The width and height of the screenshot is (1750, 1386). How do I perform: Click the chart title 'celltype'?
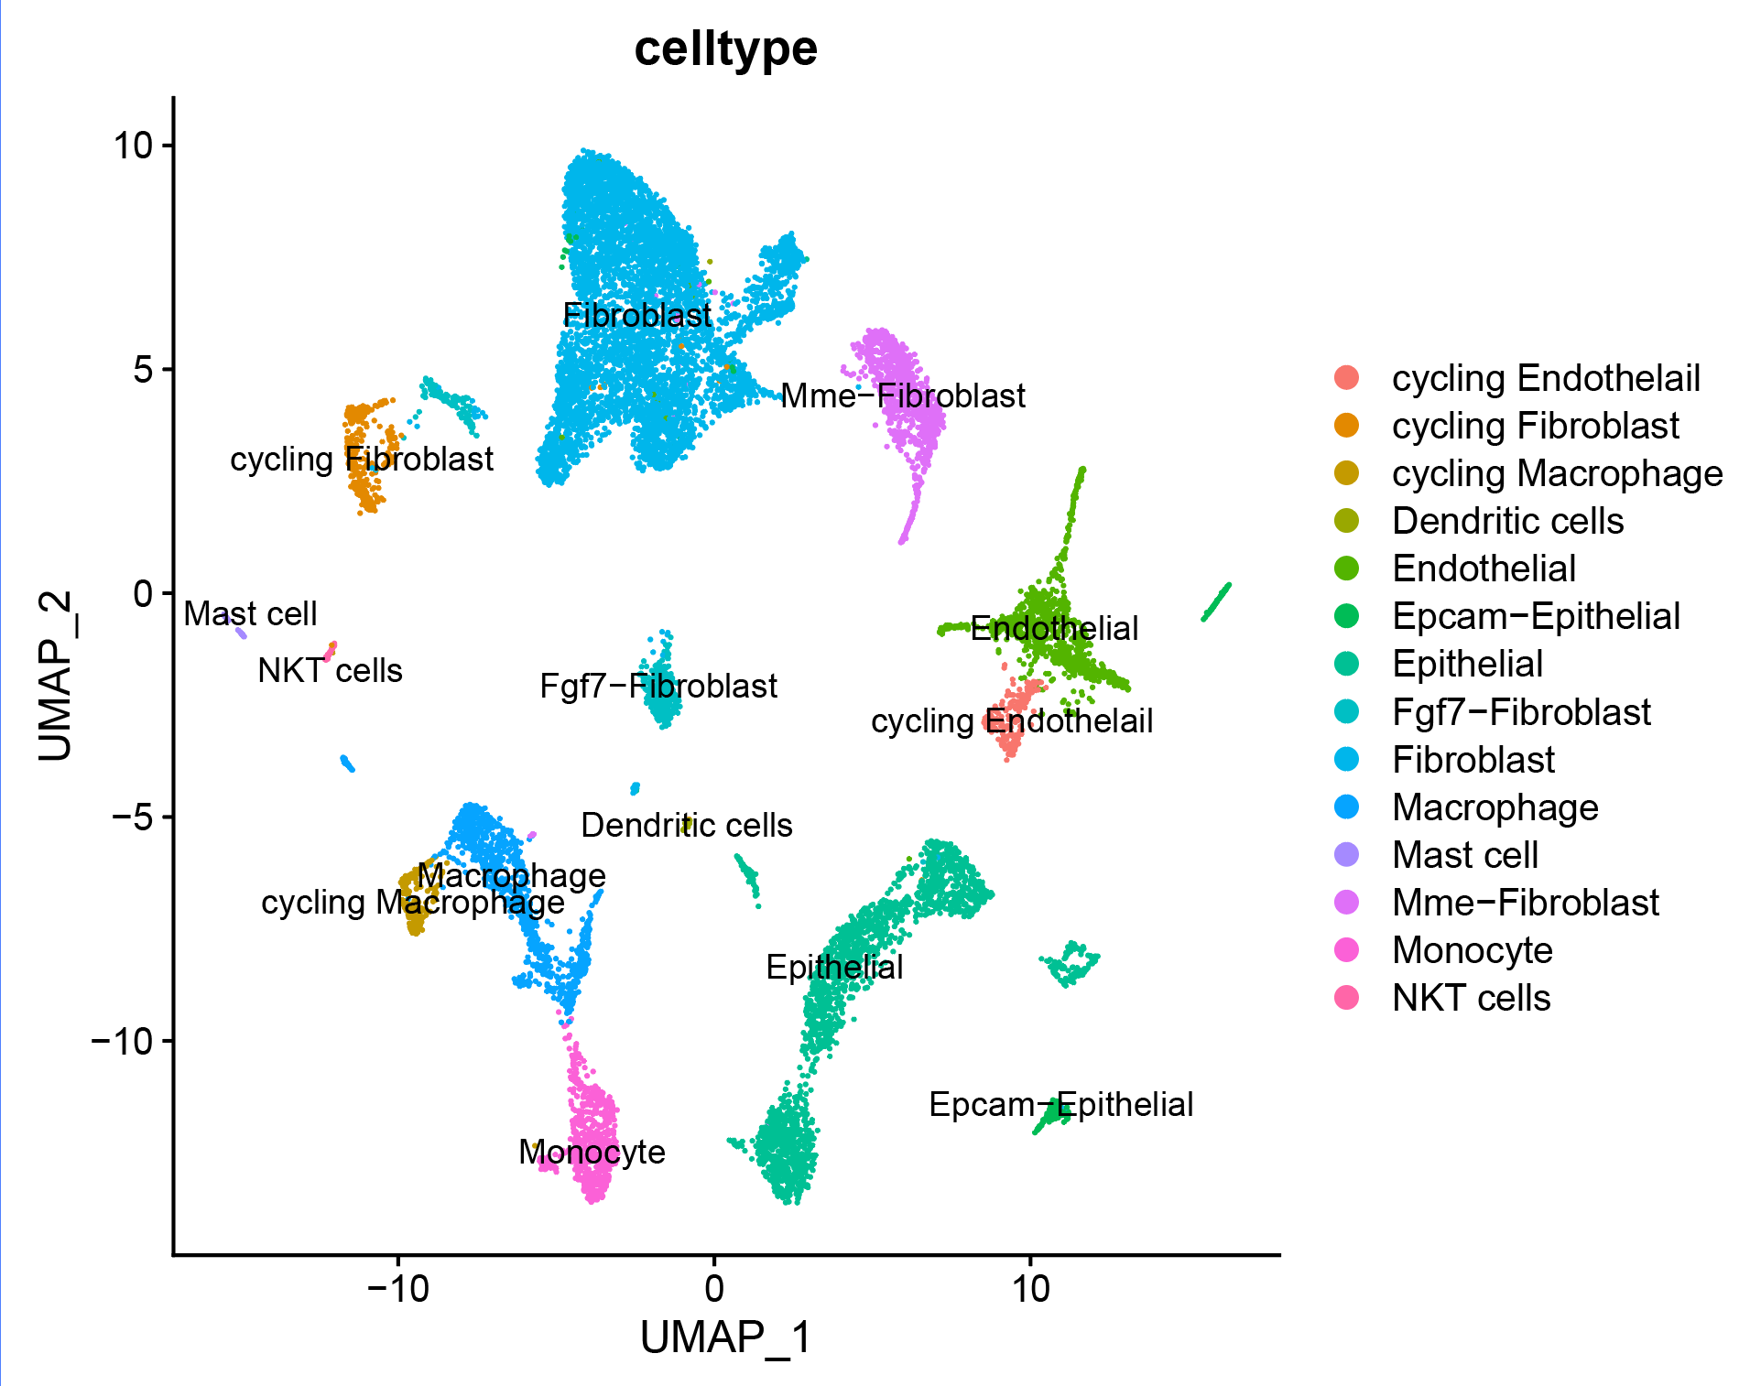725,49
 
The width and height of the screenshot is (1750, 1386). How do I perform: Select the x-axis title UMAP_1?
725,1337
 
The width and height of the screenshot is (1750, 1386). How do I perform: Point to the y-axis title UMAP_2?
55,676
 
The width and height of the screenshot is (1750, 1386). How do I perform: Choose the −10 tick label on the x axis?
397,1289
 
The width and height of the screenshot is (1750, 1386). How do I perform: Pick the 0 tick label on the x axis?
714,1289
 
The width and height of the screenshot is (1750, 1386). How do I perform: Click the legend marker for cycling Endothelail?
1347,378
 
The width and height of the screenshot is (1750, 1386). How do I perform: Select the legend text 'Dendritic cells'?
1507,521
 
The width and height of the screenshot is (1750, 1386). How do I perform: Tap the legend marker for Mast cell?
1347,855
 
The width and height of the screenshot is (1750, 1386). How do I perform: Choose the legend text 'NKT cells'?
1471,998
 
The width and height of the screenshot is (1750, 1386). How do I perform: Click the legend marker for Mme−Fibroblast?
1347,903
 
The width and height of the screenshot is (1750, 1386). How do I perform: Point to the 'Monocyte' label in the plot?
592,1152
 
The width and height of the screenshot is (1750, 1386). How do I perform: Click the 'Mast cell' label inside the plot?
250,613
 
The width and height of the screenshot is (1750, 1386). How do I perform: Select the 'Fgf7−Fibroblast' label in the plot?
658,686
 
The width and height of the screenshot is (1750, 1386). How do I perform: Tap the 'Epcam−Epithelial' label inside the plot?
1060,1104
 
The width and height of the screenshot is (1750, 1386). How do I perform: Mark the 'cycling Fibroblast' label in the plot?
361,459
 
